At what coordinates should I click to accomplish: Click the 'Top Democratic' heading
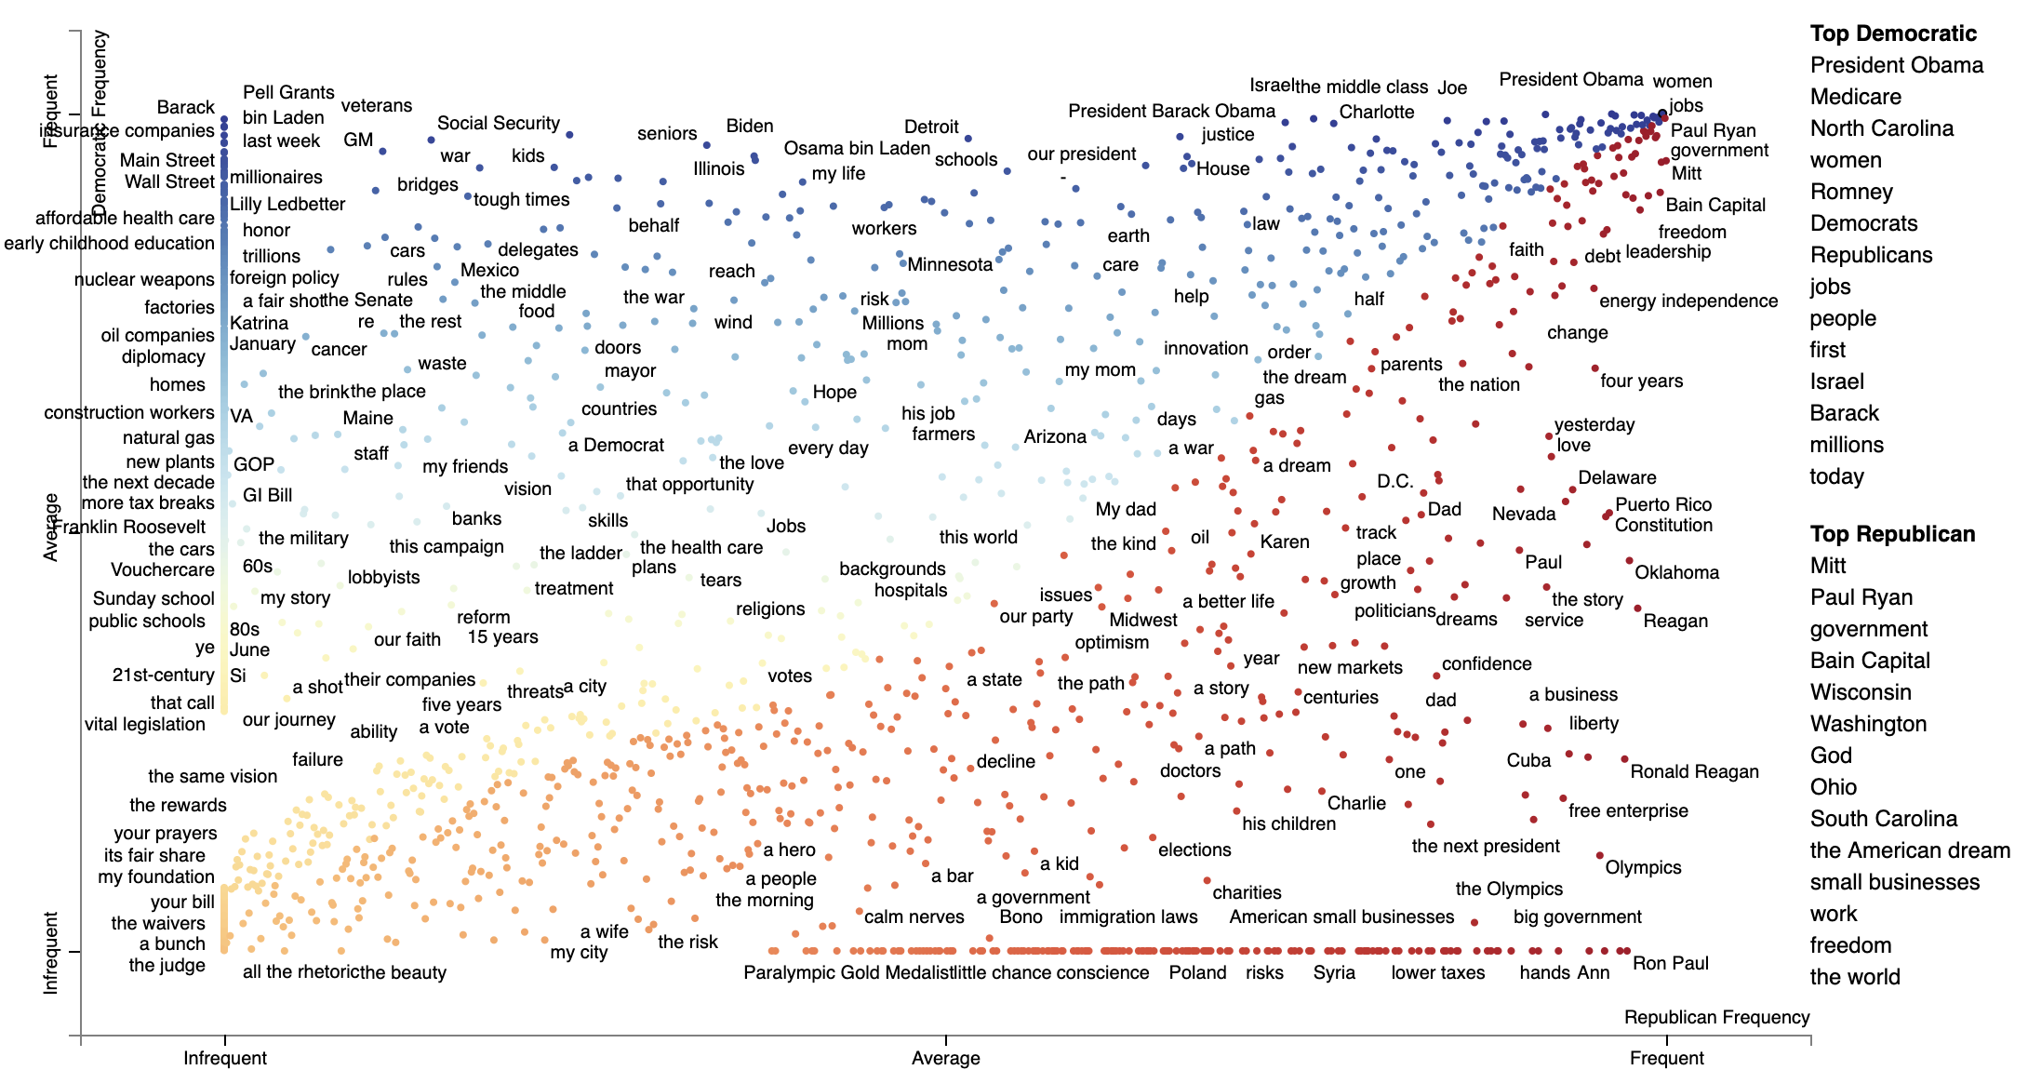[x=1892, y=33]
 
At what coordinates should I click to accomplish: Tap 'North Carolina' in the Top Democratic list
[x=1881, y=128]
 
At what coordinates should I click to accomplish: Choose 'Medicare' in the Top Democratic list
[x=1855, y=97]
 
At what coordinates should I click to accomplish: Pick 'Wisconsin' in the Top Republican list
[x=1861, y=692]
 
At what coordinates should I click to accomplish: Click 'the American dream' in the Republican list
[x=1909, y=850]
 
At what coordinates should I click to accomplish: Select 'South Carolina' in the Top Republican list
[x=1883, y=819]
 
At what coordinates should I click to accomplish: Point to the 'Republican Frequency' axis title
[x=1716, y=1017]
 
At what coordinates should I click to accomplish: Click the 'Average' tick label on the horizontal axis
[x=945, y=1058]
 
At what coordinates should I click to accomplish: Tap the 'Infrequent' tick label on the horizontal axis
[x=224, y=1058]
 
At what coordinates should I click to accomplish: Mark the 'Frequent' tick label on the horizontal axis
[x=1666, y=1058]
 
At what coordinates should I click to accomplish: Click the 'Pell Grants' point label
[x=288, y=92]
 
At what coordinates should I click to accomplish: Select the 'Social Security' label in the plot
[x=499, y=123]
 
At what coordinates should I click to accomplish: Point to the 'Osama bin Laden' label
[x=857, y=148]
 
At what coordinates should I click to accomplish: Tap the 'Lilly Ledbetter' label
[x=287, y=204]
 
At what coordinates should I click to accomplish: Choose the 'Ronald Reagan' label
[x=1694, y=771]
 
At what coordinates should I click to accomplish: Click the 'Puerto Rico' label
[x=1663, y=504]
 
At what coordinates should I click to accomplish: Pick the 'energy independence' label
[x=1688, y=301]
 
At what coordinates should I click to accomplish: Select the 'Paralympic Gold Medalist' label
[x=848, y=972]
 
